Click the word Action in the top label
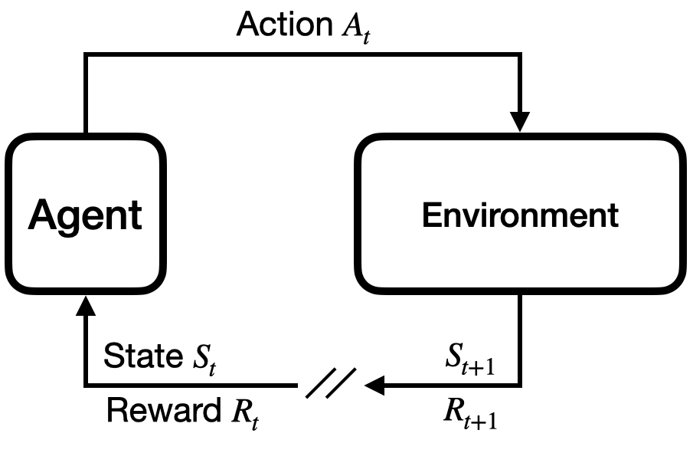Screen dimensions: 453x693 coord(283,25)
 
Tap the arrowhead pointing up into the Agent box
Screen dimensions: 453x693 coord(86,307)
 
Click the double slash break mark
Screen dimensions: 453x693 coord(331,382)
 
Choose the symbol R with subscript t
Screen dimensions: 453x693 coord(241,414)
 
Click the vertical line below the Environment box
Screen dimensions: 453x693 coord(520,337)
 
